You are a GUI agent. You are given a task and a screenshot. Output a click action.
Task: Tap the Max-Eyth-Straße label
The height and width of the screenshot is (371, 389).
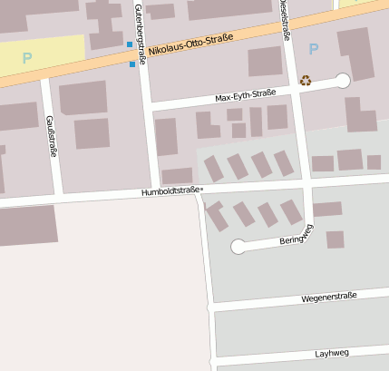point(245,94)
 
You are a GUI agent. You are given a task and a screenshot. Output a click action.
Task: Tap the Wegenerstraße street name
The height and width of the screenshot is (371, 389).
point(329,296)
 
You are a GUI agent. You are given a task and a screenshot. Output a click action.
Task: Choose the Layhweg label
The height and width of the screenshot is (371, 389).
point(332,353)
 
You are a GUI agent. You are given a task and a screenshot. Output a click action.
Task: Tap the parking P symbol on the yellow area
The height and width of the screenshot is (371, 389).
point(26,57)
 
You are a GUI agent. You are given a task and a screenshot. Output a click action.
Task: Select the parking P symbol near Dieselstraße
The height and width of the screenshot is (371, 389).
point(314,49)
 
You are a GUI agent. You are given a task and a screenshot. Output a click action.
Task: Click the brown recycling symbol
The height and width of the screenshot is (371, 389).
point(305,80)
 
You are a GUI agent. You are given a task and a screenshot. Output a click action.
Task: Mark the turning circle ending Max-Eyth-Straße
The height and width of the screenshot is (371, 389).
point(342,81)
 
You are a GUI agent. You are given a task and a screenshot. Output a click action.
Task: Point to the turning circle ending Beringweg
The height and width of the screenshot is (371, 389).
point(238,246)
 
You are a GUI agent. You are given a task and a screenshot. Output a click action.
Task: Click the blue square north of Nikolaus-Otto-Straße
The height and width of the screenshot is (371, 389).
point(130,44)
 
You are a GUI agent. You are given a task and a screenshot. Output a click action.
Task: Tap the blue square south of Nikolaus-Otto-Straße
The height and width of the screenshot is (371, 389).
point(133,63)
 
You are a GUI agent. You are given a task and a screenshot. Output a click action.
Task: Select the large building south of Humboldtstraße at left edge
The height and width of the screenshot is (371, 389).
point(27,225)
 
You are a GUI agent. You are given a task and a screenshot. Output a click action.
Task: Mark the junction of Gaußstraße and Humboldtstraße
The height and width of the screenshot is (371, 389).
point(56,197)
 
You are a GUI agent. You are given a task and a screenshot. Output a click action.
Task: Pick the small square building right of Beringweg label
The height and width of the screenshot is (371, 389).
point(336,239)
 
